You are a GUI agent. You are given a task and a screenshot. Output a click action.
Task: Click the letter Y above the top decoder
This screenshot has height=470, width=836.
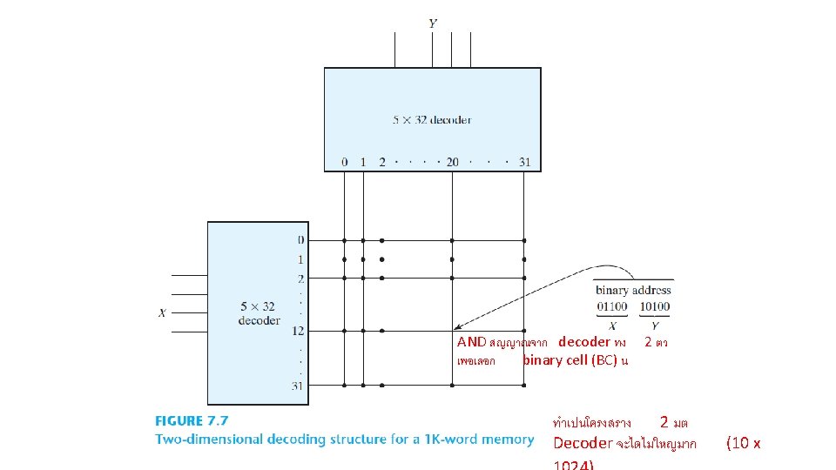(x=433, y=23)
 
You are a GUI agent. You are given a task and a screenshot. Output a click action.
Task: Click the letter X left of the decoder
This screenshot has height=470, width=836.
(x=162, y=313)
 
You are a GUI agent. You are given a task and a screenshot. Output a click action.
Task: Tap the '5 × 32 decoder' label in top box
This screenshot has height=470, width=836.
(x=432, y=120)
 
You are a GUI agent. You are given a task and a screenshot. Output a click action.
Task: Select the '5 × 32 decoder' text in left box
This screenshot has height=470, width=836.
(x=258, y=313)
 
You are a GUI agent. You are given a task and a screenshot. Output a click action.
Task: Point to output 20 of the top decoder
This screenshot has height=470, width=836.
(x=452, y=162)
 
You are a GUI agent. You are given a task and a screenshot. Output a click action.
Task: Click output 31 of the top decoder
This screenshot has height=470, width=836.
(x=523, y=162)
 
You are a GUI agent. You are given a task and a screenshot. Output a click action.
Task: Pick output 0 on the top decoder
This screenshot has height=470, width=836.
(x=344, y=162)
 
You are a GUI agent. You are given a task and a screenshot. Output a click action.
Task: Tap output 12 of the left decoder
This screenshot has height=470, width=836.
(x=299, y=331)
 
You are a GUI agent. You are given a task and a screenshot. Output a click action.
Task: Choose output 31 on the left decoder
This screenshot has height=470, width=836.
(x=299, y=385)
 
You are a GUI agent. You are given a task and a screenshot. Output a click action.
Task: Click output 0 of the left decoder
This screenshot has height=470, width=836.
(x=300, y=240)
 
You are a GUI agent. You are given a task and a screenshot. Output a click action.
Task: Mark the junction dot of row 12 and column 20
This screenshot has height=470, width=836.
(x=452, y=331)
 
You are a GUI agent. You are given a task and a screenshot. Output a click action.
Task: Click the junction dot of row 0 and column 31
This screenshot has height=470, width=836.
(x=523, y=240)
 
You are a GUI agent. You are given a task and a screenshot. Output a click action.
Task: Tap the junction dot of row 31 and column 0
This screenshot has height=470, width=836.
(x=344, y=385)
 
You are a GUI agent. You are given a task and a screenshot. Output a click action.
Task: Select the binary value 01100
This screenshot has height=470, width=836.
(x=612, y=306)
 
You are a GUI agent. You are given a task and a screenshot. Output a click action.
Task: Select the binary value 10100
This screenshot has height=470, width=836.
(x=654, y=306)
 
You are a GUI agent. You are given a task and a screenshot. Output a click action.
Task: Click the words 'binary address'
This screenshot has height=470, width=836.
(x=633, y=290)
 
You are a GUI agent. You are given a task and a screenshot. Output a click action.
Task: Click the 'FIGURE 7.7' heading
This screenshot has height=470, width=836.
(x=192, y=421)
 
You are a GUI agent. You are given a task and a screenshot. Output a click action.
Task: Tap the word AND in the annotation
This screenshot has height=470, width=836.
(x=471, y=342)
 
